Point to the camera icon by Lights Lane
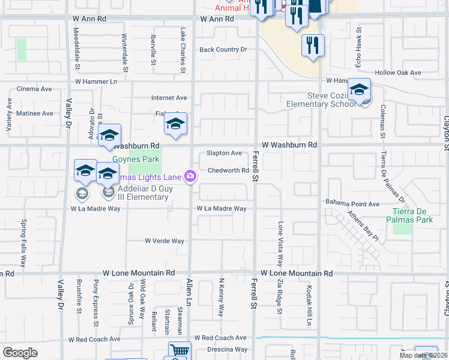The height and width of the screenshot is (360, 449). tap(190, 175)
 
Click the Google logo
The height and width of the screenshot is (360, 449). tap(20, 353)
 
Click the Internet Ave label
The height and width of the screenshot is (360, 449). tap(169, 98)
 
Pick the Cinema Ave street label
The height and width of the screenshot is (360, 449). tap(34, 89)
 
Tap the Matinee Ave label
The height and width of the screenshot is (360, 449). tap(35, 113)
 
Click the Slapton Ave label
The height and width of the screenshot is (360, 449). tap(224, 153)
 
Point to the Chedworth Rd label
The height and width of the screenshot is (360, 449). tap(228, 170)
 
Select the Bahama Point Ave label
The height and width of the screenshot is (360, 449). tap(352, 204)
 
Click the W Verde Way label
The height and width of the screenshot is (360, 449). tap(164, 241)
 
